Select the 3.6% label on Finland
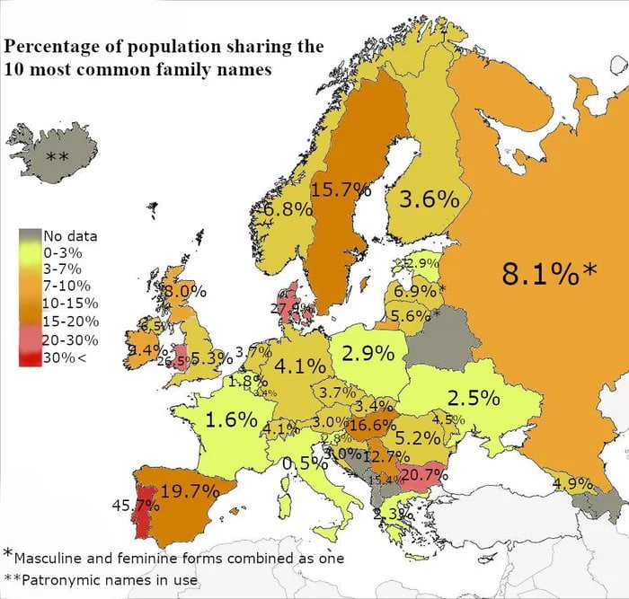(429, 199)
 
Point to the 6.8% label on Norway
(288, 209)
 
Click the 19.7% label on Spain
(190, 490)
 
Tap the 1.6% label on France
(232, 419)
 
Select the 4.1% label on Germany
(300, 366)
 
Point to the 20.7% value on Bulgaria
(423, 474)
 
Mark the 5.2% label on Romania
(418, 438)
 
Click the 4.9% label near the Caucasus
(572, 484)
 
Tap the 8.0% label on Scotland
(184, 292)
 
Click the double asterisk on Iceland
(58, 158)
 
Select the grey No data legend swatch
(31, 236)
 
